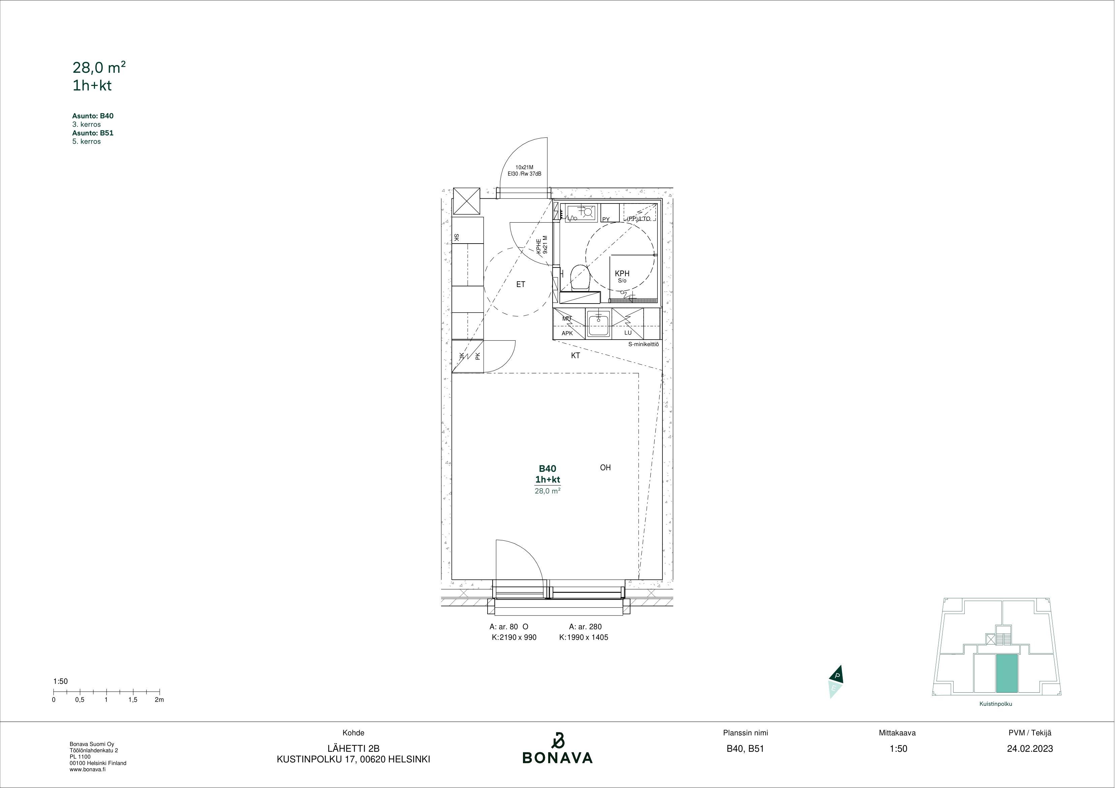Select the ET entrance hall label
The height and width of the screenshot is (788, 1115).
click(521, 285)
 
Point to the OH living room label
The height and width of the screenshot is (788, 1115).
click(605, 468)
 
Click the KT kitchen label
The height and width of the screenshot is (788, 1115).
click(576, 355)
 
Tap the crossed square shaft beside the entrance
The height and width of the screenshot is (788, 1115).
click(466, 201)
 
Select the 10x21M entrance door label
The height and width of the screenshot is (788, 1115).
click(524, 167)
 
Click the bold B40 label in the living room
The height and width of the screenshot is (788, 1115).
click(547, 469)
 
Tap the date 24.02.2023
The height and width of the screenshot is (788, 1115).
click(1030, 749)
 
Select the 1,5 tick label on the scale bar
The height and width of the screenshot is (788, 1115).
click(132, 700)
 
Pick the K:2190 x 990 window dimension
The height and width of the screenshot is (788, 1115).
click(514, 637)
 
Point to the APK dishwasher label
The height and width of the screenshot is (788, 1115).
click(567, 334)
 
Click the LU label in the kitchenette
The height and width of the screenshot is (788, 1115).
click(628, 333)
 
